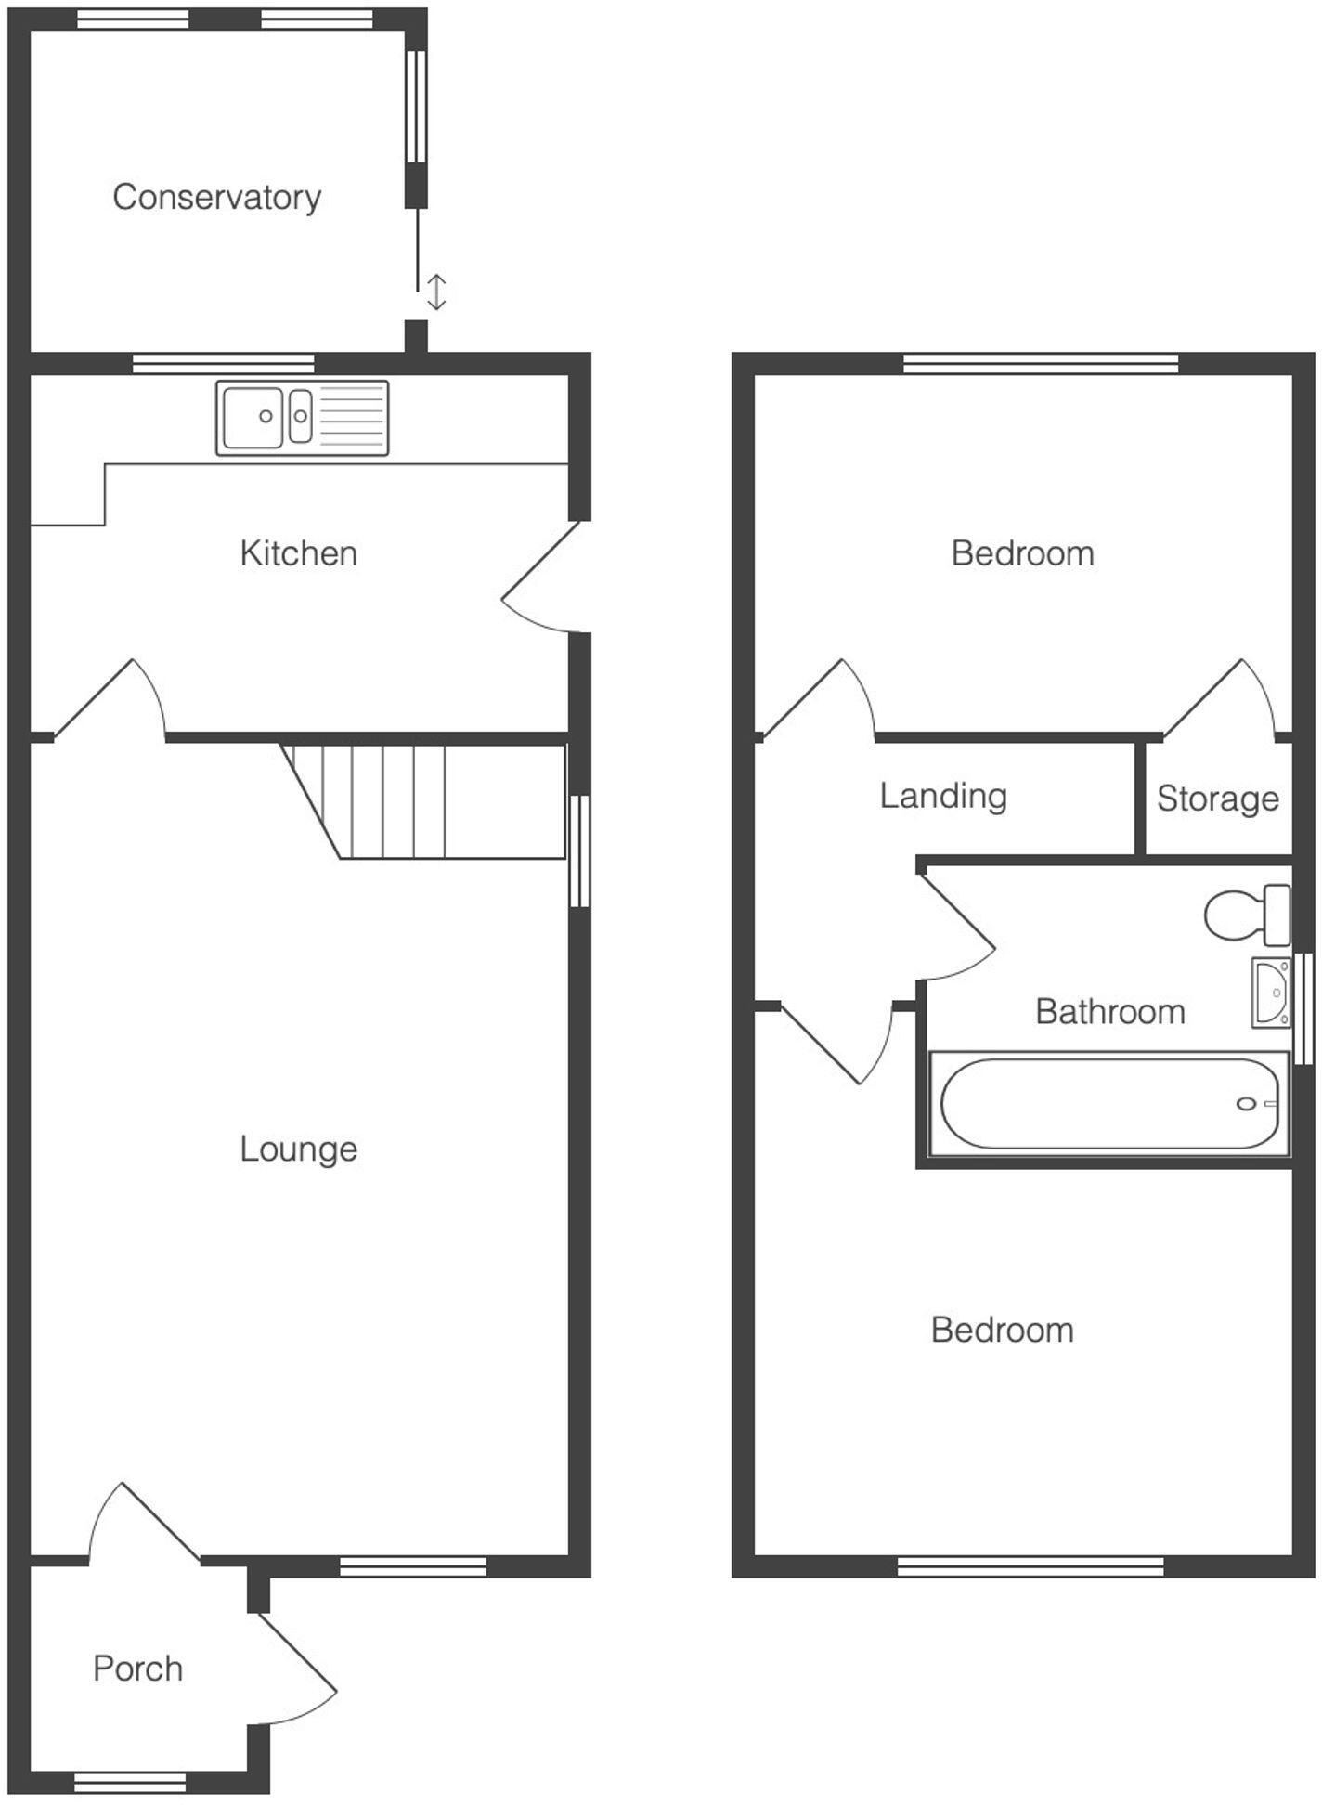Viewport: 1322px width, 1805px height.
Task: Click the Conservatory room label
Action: pos(216,197)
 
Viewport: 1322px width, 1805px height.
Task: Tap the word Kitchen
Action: pos(298,553)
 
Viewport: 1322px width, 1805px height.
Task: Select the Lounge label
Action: pos(298,1149)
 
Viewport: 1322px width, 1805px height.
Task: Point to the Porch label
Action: pos(137,1669)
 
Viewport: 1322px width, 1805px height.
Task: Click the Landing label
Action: pos(942,796)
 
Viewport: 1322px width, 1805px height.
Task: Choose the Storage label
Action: pos(1217,799)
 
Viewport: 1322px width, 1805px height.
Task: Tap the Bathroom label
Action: pos(1109,1011)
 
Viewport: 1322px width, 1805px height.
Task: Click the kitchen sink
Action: pos(302,418)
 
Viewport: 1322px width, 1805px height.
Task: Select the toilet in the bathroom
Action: pos(1246,914)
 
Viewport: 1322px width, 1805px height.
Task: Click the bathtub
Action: pos(1108,1104)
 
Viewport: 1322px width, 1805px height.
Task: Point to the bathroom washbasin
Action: pos(1270,993)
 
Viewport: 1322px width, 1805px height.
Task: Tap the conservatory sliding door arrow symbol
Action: pos(436,292)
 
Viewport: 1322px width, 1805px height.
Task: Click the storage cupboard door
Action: pos(1218,698)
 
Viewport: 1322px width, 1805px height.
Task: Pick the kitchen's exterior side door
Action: pos(540,578)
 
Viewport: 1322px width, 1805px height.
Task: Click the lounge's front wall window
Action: pos(412,1567)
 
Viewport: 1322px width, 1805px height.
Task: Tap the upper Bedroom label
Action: pos(1022,553)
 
